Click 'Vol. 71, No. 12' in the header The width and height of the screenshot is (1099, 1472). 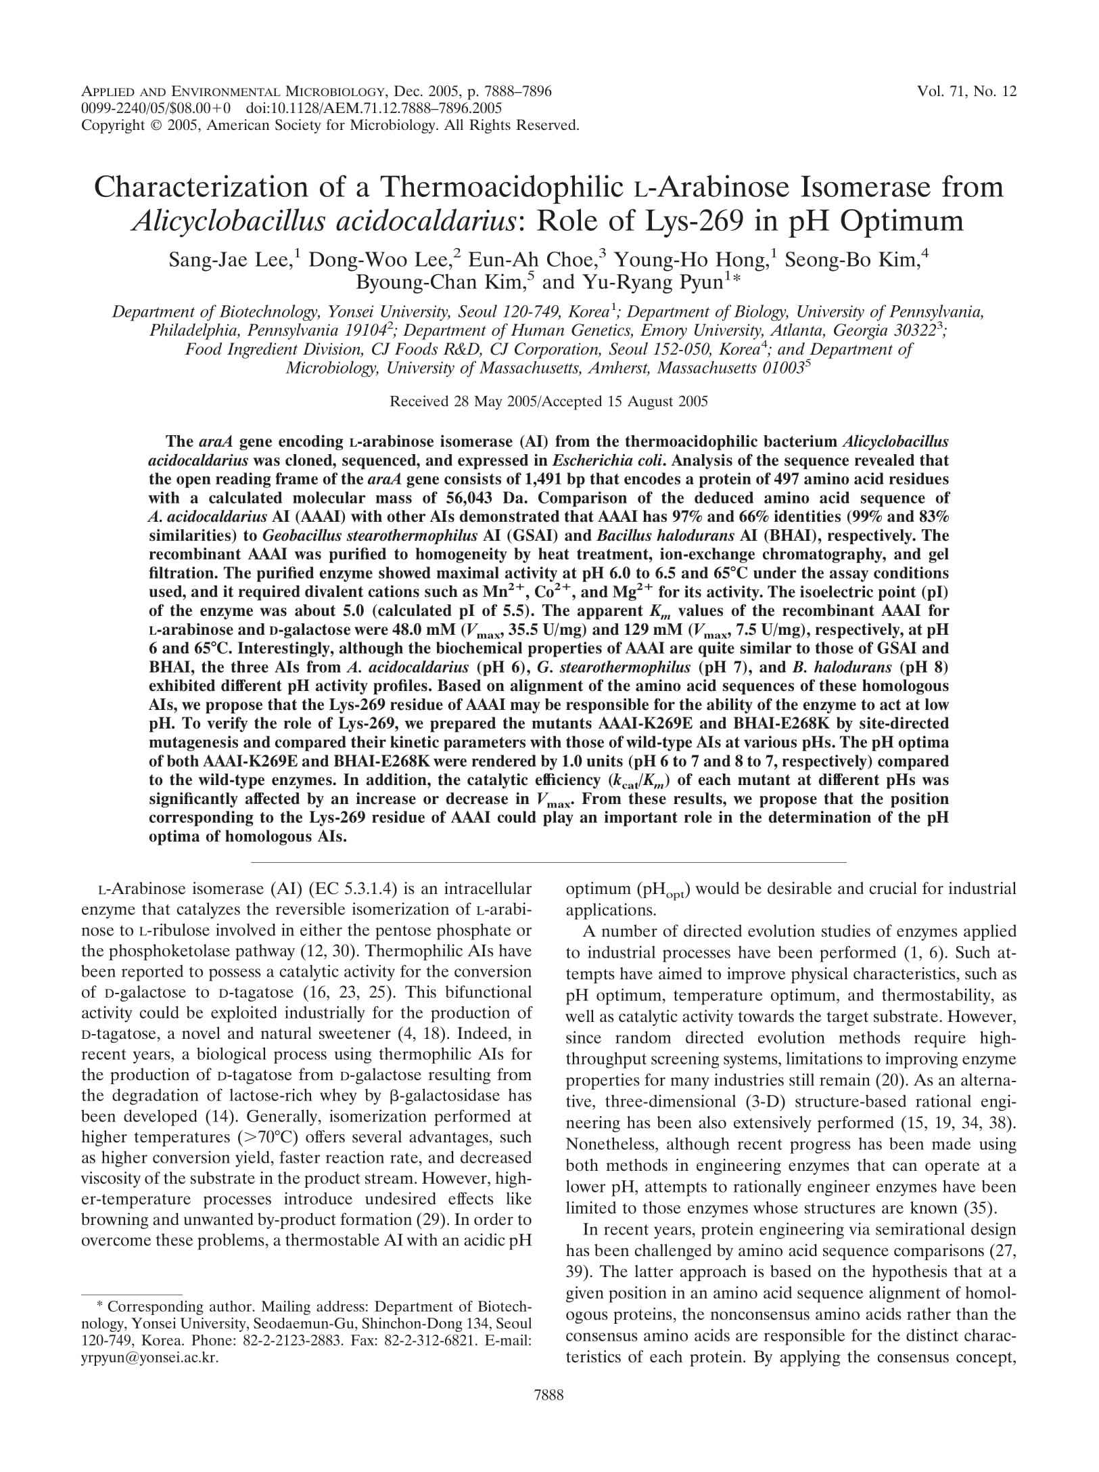tap(966, 91)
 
